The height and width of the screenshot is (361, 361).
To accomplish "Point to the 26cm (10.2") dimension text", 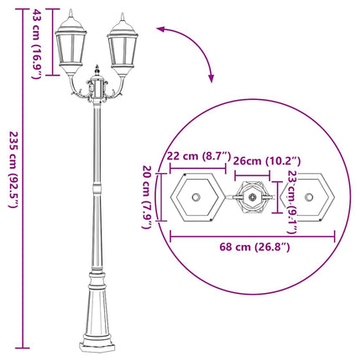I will pos(266,160).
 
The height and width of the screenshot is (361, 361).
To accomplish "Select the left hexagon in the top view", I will pos(196,198).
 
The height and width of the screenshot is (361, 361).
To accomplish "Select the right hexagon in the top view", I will pos(310,198).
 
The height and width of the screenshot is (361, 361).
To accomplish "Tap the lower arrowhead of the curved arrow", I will pos(210,81).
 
